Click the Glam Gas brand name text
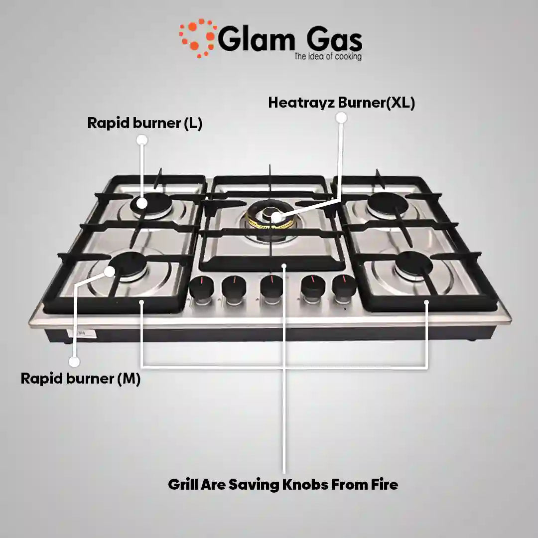(x=290, y=40)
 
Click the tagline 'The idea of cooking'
(x=328, y=57)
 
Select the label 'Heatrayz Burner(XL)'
(x=341, y=103)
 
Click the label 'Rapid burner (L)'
(x=145, y=123)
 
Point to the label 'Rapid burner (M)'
(x=81, y=378)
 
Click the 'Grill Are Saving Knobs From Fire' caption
(x=283, y=484)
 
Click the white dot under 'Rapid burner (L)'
(x=142, y=139)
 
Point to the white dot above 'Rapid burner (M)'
(x=74, y=362)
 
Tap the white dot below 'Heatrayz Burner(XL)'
(x=341, y=118)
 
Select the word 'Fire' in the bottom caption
(x=385, y=484)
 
